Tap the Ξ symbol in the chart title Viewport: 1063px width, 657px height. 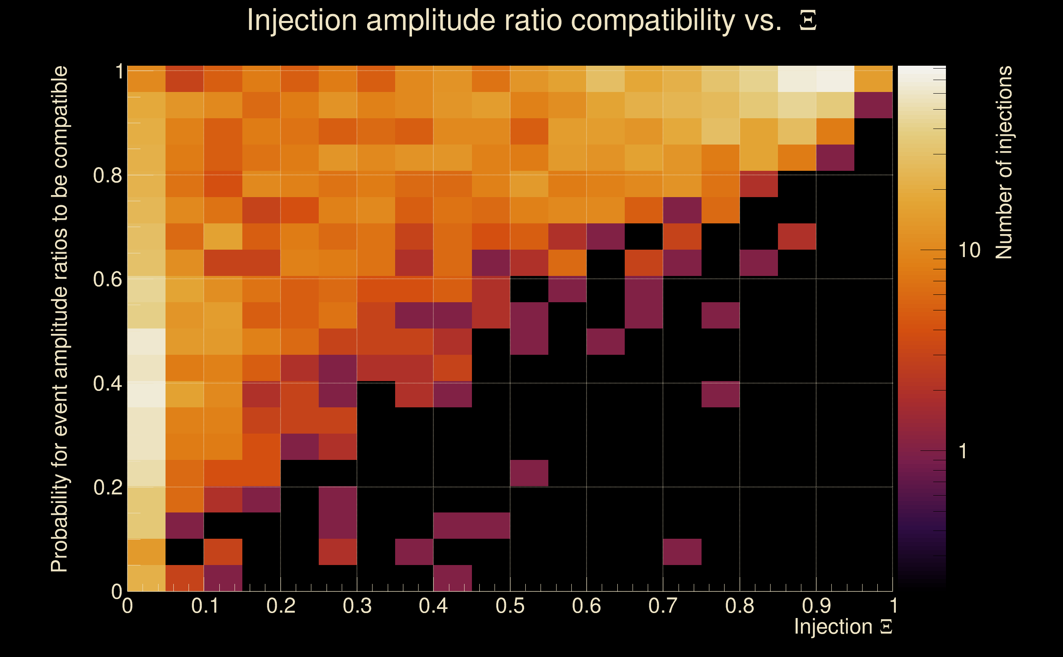808,21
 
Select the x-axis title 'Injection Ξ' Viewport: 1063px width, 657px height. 843,627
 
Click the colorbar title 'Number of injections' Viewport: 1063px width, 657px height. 1004,162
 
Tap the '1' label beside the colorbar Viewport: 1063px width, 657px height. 963,451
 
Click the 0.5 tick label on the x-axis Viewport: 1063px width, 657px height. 510,606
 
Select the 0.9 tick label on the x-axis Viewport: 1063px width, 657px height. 816,606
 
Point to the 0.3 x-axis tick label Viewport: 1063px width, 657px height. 357,606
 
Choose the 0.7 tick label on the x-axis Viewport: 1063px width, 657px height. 663,606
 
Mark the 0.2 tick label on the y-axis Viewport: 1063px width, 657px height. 107,487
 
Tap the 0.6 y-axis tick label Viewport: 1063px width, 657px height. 107,279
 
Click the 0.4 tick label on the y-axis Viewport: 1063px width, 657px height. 107,383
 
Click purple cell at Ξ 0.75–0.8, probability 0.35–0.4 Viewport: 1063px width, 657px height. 720,394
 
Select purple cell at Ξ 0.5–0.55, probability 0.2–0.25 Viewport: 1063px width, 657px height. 529,473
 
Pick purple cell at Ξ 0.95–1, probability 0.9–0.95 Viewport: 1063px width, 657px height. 874,105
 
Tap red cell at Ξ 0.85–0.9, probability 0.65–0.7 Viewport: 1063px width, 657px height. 797,237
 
